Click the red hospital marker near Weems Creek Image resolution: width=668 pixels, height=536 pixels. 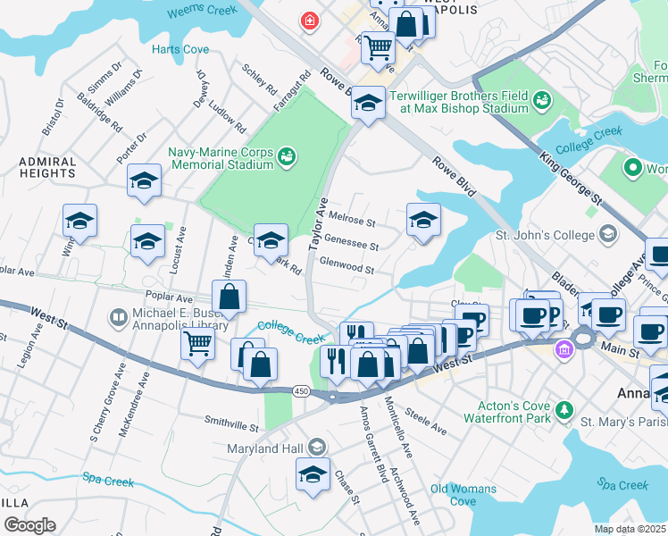310,21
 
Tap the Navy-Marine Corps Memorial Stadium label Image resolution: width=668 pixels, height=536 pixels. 221,158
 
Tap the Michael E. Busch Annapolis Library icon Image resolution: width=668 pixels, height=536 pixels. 117,317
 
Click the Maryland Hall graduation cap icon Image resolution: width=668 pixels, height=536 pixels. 316,448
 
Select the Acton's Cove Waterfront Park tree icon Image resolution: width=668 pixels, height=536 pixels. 564,410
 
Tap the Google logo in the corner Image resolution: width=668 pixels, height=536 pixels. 29,524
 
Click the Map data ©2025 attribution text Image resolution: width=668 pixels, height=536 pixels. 630,529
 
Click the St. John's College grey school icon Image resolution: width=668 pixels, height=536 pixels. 608,235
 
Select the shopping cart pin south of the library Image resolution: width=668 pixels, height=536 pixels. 196,343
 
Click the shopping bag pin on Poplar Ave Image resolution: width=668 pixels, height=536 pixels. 229,297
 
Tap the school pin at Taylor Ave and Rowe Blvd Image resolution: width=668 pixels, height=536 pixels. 367,103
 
